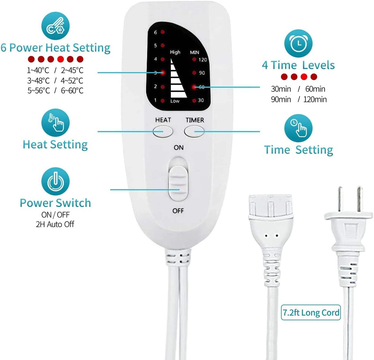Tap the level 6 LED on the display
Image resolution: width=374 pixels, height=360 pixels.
[163, 32]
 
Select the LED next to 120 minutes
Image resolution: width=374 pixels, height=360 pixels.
[194, 59]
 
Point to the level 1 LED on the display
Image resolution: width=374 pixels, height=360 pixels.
[163, 101]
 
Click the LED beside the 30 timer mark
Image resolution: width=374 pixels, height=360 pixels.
[194, 101]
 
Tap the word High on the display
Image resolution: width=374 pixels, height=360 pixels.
[175, 52]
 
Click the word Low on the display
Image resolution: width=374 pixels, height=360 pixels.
[175, 101]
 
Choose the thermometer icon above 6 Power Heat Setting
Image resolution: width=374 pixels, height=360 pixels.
[55, 26]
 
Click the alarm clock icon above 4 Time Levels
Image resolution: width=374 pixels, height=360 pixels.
[298, 43]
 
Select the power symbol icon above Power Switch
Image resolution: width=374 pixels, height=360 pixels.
[55, 182]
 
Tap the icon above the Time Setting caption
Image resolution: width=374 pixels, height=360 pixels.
[298, 128]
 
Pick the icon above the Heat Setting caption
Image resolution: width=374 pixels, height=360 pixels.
[55, 123]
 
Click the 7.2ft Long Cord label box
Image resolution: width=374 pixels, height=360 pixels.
[311, 313]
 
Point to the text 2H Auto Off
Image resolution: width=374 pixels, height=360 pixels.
[55, 224]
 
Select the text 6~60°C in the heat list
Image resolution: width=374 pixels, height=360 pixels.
[72, 91]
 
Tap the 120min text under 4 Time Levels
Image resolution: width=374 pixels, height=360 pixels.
[315, 99]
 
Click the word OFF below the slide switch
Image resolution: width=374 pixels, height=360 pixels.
[178, 211]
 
